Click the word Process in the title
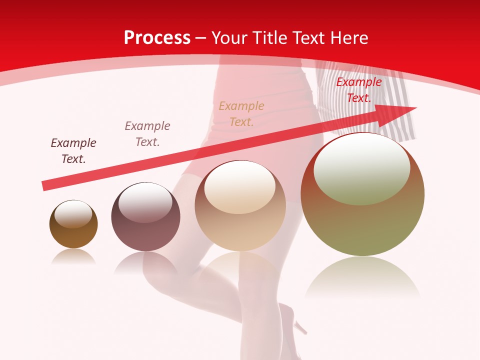point(157,38)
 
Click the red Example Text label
point(358,90)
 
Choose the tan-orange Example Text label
point(241,113)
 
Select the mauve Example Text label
point(147,133)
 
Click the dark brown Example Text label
point(73,150)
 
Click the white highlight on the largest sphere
point(362,167)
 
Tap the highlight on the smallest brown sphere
point(73,214)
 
